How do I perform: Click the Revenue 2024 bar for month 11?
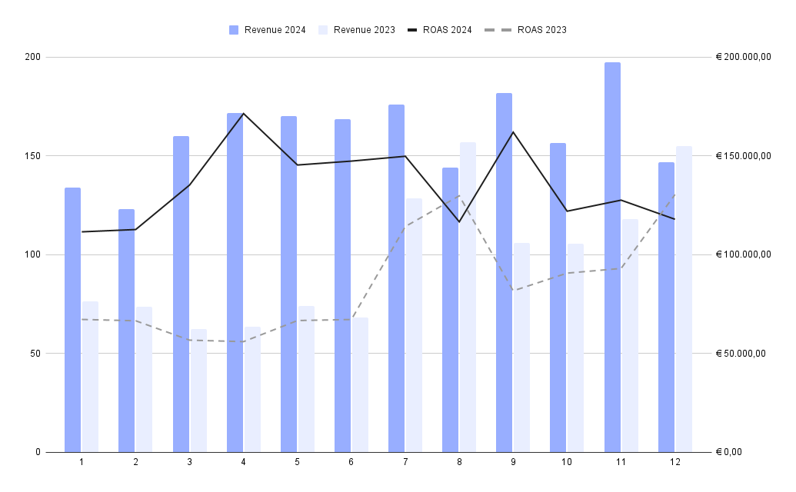coord(612,258)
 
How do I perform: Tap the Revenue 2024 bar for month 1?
coord(72,320)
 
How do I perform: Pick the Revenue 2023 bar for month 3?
coord(198,391)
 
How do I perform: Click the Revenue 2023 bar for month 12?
coord(684,299)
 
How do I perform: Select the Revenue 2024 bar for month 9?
coord(504,273)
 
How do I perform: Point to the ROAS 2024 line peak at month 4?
coord(243,114)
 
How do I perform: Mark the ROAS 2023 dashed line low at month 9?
coord(513,291)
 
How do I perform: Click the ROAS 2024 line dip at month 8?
coord(459,222)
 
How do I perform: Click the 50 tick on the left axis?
coord(34,354)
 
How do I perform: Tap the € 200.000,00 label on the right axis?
coord(743,58)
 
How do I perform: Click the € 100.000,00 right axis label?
coord(743,255)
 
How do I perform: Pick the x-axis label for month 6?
coord(351,462)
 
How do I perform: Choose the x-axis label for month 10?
coord(567,462)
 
